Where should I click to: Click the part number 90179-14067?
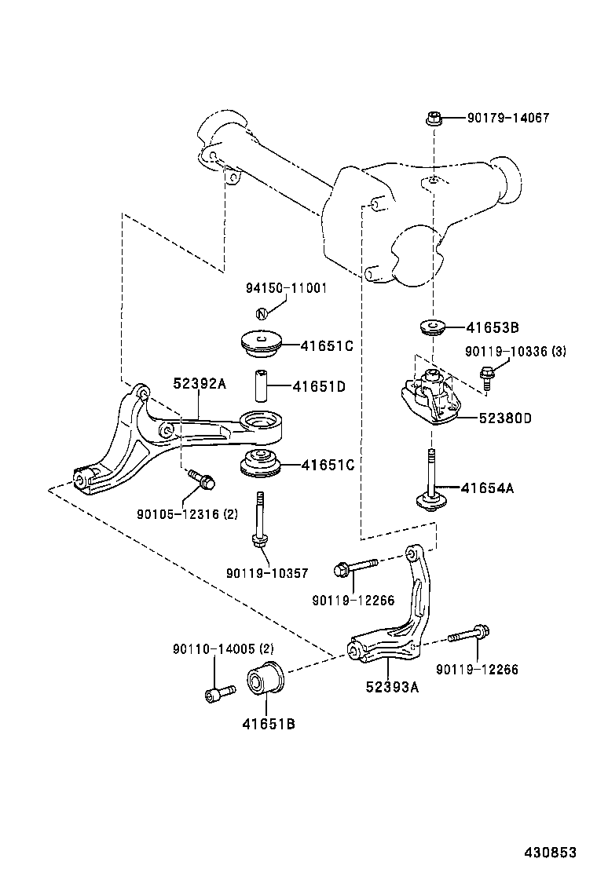pyautogui.click(x=507, y=119)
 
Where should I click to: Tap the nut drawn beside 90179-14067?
pyautogui.click(x=433, y=119)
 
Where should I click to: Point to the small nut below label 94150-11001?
pyautogui.click(x=263, y=312)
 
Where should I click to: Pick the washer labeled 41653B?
pyautogui.click(x=430, y=325)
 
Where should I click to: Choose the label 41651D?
pyautogui.click(x=319, y=386)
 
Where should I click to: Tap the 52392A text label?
pyautogui.click(x=200, y=383)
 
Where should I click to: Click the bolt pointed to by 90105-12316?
pyautogui.click(x=202, y=478)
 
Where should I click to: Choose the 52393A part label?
pyautogui.click(x=392, y=687)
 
